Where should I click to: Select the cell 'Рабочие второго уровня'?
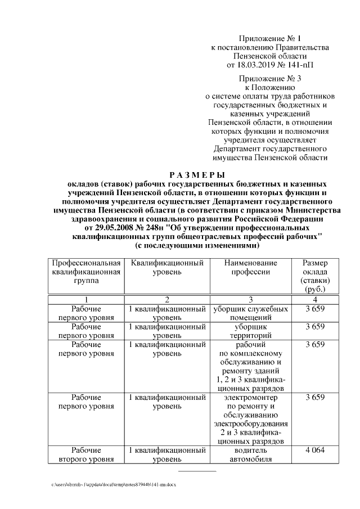point(86,455)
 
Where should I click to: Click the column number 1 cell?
point(86,299)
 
